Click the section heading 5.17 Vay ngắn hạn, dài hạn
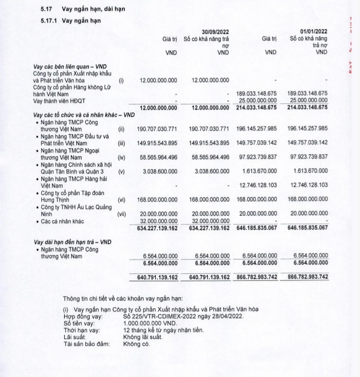[x=84, y=10]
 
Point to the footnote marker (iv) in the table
[x=121, y=157]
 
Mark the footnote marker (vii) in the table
[x=121, y=215]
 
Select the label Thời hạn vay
[x=82, y=330]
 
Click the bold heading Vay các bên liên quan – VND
[x=69, y=66]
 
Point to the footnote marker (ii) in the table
[x=121, y=128]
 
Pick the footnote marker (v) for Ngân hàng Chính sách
[x=121, y=172]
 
